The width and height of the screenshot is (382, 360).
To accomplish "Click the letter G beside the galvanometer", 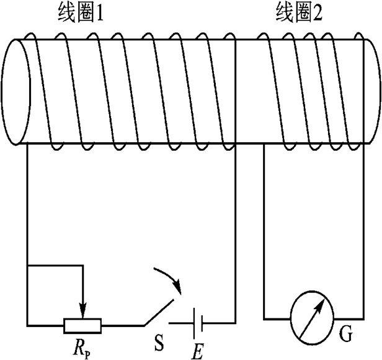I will tap(346, 336).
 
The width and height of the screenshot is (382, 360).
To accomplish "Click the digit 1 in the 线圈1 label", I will tap(98, 14).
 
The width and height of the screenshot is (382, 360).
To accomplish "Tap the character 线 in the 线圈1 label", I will tap(64, 14).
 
